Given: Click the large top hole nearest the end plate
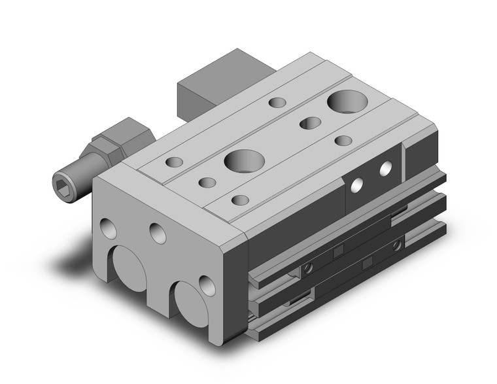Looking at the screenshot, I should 240,159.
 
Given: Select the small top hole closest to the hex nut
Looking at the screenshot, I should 175,162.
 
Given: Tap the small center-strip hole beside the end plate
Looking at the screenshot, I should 208,183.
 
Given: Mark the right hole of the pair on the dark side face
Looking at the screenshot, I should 386,169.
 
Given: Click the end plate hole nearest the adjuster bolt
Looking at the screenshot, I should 107,228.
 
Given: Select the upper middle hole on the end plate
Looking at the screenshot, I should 156,232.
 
